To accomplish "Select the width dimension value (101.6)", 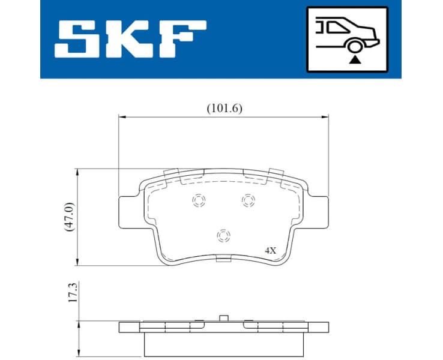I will point(224,108).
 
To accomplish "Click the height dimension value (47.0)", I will point(69,218).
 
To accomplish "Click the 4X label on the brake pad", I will point(270,250).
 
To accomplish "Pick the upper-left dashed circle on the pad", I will point(198,201).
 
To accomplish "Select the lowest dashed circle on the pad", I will point(223,235).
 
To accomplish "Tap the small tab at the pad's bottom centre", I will point(223,259).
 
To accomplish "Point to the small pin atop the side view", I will point(224,318).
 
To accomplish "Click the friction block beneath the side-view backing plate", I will point(224,343).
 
